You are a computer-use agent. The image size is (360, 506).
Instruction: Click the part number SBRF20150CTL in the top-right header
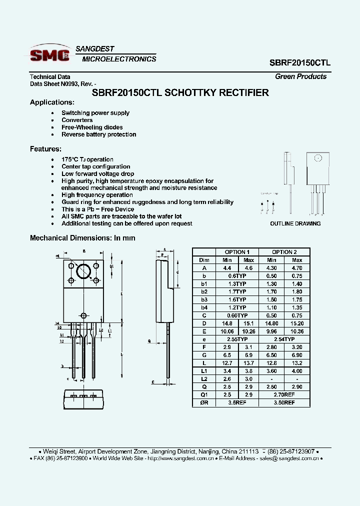[300, 63]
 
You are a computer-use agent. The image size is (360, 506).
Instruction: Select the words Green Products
[300, 76]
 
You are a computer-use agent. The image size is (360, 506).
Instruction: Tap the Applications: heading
[52, 102]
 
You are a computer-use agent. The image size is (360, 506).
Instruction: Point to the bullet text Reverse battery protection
[98, 134]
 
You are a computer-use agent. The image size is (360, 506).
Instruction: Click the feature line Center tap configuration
[95, 166]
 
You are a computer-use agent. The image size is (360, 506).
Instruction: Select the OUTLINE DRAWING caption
[295, 223]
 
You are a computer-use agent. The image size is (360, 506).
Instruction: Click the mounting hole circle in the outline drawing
[317, 158]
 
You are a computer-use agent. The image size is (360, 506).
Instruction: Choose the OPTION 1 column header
[236, 252]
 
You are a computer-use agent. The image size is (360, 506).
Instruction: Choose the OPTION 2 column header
[284, 252]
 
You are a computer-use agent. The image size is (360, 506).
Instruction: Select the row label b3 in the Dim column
[204, 299]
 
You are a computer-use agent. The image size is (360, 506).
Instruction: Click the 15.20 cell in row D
[297, 323]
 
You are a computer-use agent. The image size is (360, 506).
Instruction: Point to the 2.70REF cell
[284, 394]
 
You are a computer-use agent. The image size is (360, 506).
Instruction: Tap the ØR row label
[204, 402]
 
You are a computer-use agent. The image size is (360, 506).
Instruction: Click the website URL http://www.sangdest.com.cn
[181, 458]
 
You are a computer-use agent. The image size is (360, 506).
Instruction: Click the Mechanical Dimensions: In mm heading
[82, 238]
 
